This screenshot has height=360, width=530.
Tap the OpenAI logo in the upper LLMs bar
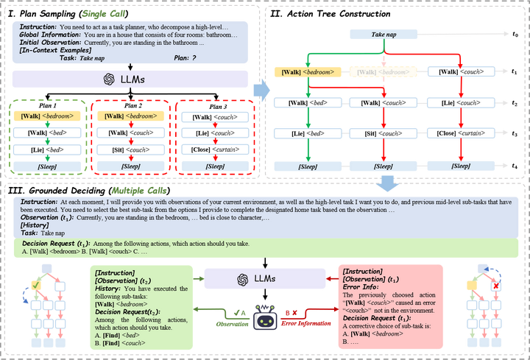[108, 79]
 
